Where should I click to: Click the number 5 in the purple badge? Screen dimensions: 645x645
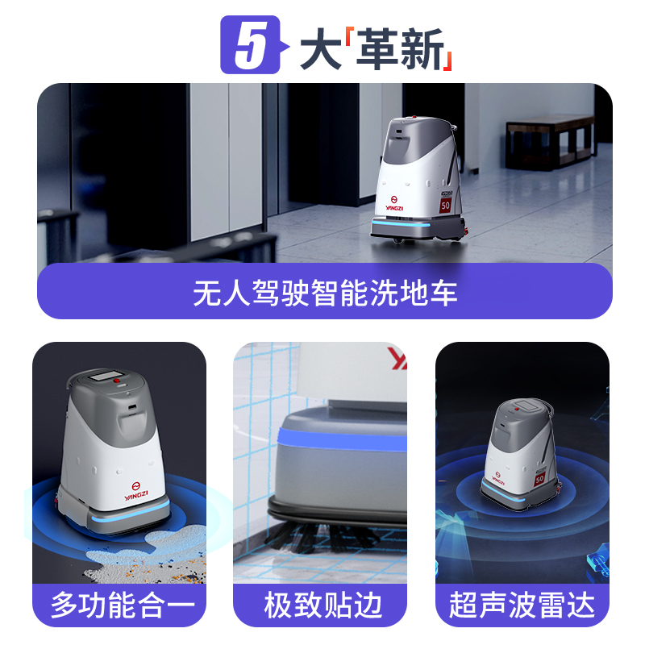click(x=251, y=45)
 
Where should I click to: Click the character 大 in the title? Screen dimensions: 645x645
click(x=321, y=49)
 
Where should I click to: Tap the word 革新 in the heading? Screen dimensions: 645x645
click(x=400, y=49)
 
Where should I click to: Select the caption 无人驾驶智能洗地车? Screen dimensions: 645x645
click(x=325, y=293)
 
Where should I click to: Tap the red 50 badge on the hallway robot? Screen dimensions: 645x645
click(x=446, y=206)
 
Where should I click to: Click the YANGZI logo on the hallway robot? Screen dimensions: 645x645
click(x=394, y=203)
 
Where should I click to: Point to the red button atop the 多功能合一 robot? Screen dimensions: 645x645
click(x=117, y=381)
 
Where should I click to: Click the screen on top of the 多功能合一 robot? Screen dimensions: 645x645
click(x=106, y=376)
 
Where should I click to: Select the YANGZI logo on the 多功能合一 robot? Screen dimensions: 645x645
click(x=136, y=491)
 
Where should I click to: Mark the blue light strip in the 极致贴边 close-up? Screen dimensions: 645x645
click(x=342, y=440)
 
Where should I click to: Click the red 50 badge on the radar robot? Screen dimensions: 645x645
click(x=539, y=478)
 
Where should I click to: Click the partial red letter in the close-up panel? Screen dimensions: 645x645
click(x=397, y=358)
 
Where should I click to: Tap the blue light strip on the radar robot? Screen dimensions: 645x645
click(x=503, y=493)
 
